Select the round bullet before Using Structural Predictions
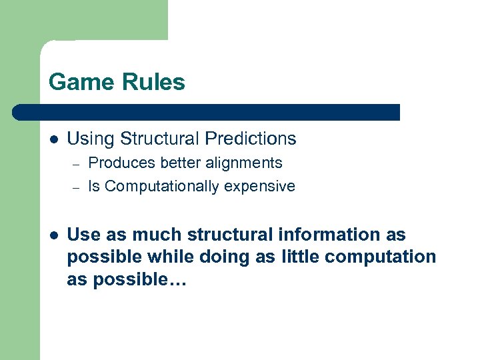(x=53, y=139)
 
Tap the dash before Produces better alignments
(x=76, y=164)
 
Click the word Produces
(x=117, y=163)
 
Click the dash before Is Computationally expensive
(x=76, y=187)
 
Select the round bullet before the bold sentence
(x=53, y=235)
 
